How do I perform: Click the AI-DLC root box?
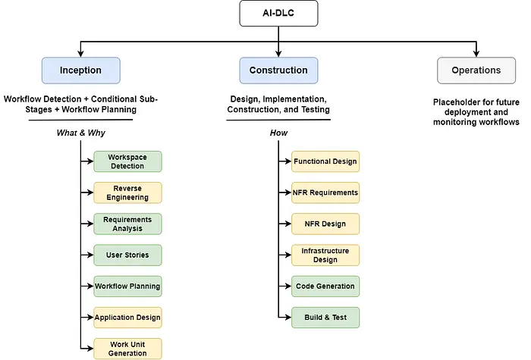278,13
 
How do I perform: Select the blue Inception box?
81,70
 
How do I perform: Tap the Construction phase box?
278,70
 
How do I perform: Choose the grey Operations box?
476,70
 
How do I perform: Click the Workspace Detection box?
127,161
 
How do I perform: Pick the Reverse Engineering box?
127,193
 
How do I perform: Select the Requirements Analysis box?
127,224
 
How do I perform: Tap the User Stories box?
127,255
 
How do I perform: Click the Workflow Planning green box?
127,286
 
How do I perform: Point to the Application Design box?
127,318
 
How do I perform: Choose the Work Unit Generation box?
127,349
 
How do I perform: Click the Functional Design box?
325,161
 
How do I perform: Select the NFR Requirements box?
325,193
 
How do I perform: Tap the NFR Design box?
325,224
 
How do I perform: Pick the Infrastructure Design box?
325,255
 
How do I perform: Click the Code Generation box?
325,286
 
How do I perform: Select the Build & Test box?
325,318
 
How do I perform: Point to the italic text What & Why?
81,133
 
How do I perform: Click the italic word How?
278,133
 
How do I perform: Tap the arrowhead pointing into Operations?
476,54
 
